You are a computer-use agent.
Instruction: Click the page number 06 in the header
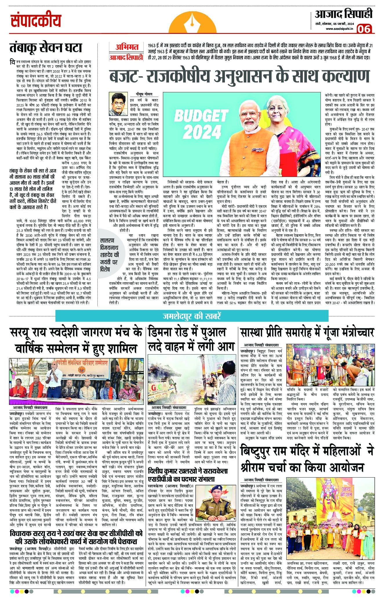pyautogui.click(x=364, y=29)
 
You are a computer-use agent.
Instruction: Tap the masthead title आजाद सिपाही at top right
pyautogui.click(x=343, y=14)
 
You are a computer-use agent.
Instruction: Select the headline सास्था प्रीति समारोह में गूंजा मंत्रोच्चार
pyautogui.click(x=307, y=332)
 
